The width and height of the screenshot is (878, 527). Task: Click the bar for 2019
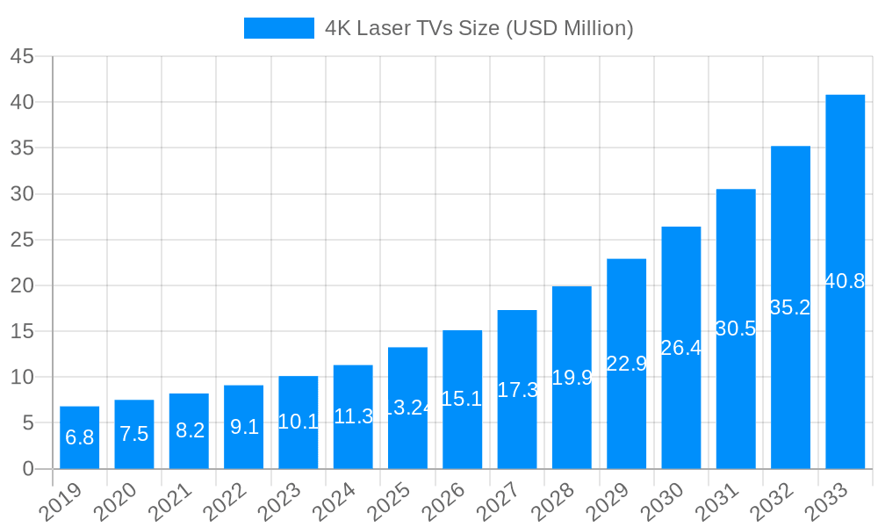point(79,437)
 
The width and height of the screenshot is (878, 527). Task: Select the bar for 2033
point(845,281)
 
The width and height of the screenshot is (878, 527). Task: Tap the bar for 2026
point(462,399)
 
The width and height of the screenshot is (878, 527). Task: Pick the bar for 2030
point(681,347)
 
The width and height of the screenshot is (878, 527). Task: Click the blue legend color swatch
point(278,28)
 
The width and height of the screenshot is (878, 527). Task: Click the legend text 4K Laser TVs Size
point(479,28)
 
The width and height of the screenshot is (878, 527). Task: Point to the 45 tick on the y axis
point(22,56)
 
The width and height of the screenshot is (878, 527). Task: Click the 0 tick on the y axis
point(28,469)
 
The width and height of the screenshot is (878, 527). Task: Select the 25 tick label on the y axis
point(22,240)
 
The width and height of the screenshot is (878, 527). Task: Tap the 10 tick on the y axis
point(22,378)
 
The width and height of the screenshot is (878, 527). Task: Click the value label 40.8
point(845,282)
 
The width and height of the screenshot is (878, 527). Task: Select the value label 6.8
point(79,437)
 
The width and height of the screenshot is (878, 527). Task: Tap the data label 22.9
point(626,364)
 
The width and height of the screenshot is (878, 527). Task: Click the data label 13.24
point(407,408)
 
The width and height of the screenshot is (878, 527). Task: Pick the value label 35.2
point(789,307)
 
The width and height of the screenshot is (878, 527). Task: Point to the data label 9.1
point(244,427)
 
